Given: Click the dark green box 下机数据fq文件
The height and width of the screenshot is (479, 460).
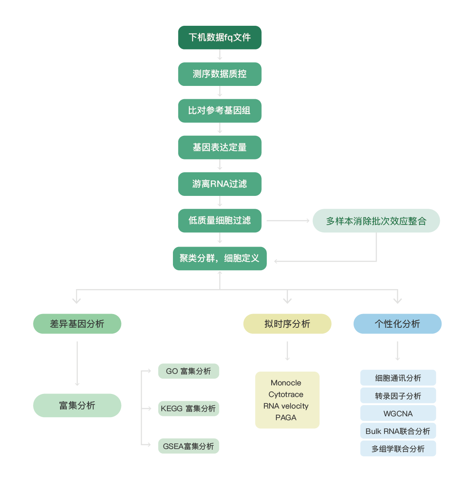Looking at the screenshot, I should tap(220, 37).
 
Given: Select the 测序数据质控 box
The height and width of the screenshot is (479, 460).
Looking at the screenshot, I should tap(220, 74).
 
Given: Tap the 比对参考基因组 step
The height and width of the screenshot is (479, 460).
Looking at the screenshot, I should tap(220, 110).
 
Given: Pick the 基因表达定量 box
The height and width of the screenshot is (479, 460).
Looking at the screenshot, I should tap(220, 147).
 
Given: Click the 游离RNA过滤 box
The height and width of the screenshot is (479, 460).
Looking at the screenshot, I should tap(220, 184).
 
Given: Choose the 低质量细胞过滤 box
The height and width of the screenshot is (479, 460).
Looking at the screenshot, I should tap(220, 220).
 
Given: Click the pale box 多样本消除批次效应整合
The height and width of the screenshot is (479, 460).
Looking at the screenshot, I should tap(376, 221).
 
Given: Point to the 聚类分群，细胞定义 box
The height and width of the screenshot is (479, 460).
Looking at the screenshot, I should tap(220, 258).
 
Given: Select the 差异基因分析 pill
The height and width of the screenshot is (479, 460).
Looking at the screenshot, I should tap(77, 323).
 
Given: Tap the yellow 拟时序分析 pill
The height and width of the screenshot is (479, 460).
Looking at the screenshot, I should tap(287, 323).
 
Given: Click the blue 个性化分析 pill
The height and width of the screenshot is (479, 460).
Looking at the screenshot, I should tap(397, 323).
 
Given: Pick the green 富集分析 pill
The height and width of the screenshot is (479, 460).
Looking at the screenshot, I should tap(77, 405).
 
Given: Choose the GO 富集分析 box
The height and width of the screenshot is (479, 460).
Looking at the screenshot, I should tap(188, 371).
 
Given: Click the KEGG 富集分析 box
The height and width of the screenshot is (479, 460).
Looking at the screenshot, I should tap(188, 409).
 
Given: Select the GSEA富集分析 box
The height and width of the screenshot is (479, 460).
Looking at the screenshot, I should tap(188, 446).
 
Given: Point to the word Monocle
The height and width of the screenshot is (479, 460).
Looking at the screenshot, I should tap(286, 383).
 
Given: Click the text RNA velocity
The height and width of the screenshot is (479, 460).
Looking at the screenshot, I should tap(286, 406).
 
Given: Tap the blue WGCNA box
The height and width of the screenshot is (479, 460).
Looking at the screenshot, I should tap(398, 413).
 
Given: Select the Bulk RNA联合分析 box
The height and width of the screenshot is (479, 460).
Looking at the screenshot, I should tap(398, 431).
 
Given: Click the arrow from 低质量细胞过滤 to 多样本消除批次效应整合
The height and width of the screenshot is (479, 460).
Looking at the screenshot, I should tap(287, 221).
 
